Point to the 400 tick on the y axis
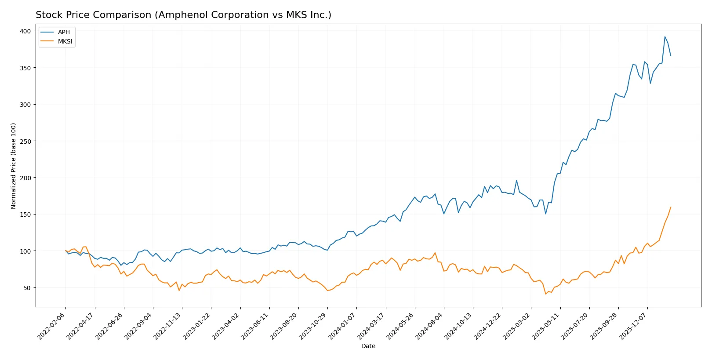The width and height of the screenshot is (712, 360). pos(25,31)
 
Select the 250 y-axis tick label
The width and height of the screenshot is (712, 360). pos(25,141)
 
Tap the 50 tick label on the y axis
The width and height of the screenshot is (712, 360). pos(27,288)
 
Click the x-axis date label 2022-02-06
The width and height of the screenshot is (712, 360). pos(52,326)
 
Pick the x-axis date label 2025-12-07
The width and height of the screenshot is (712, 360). pos(634,326)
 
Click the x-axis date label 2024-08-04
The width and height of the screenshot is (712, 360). pos(430,326)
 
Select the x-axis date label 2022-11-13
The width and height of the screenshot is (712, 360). pos(168,326)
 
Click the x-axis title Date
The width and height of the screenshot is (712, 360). pos(368,346)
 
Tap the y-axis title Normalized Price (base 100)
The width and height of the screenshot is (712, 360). pos(14,166)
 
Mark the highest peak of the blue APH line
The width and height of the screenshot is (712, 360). pos(665,36)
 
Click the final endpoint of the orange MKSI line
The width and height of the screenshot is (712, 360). pos(671,207)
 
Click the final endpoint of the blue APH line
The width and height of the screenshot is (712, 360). pos(671,56)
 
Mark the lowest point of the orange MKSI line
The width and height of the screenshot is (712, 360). pos(545,294)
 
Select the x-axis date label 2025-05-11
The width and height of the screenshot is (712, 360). pos(546,326)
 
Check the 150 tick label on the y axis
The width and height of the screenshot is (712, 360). pos(25,215)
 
